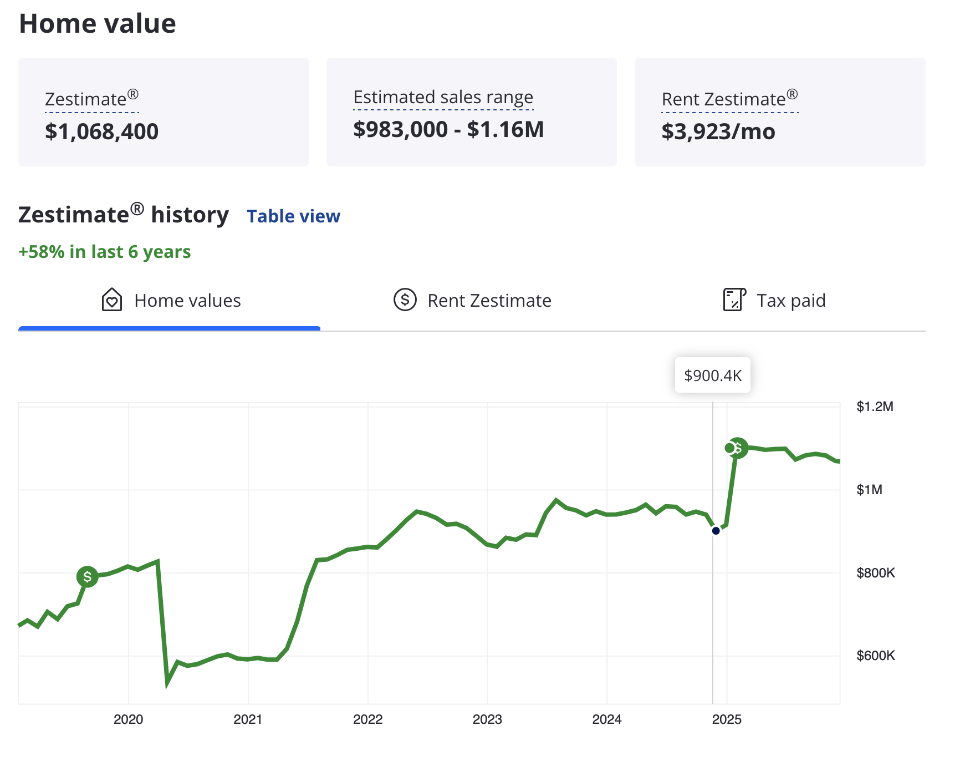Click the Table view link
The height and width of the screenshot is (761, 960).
pyautogui.click(x=293, y=216)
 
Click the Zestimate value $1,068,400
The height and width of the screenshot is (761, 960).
pyautogui.click(x=101, y=132)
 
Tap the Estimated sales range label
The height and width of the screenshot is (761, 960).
pyautogui.click(x=443, y=97)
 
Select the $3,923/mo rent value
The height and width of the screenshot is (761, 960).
pyautogui.click(x=718, y=132)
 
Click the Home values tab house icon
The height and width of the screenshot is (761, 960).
pyautogui.click(x=112, y=300)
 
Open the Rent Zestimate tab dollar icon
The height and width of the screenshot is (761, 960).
pyautogui.click(x=405, y=300)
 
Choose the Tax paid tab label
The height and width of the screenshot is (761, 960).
pyautogui.click(x=790, y=301)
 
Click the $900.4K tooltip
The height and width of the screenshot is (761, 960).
pyautogui.click(x=712, y=376)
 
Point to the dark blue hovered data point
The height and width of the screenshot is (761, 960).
pyautogui.click(x=716, y=531)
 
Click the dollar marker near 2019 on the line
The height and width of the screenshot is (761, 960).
pyautogui.click(x=87, y=577)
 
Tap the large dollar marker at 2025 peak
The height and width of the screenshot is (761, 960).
pyautogui.click(x=738, y=448)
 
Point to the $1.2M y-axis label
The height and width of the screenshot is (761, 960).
pyautogui.click(x=875, y=407)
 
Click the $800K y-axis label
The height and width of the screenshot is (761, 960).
pyautogui.click(x=875, y=573)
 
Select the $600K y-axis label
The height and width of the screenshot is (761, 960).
pyautogui.click(x=875, y=656)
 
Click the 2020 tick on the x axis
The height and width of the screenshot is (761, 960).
pyautogui.click(x=128, y=719)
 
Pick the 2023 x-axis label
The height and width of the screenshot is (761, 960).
pyautogui.click(x=487, y=719)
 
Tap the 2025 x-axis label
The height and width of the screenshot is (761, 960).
pyautogui.click(x=726, y=719)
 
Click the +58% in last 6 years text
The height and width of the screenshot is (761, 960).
pyautogui.click(x=105, y=252)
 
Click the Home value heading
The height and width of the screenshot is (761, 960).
pyautogui.click(x=98, y=24)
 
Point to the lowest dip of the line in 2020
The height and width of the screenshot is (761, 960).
pyautogui.click(x=167, y=683)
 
